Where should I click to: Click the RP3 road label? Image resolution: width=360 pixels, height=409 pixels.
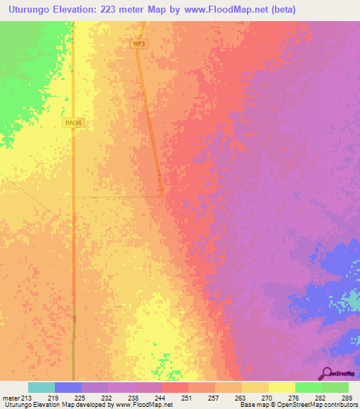click(139, 44)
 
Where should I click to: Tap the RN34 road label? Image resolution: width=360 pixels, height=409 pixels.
click(72, 123)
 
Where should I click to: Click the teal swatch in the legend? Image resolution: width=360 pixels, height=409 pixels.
click(41, 387)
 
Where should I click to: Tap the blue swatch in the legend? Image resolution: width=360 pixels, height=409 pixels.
click(68, 387)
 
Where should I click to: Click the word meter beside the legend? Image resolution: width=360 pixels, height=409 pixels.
click(11, 398)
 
